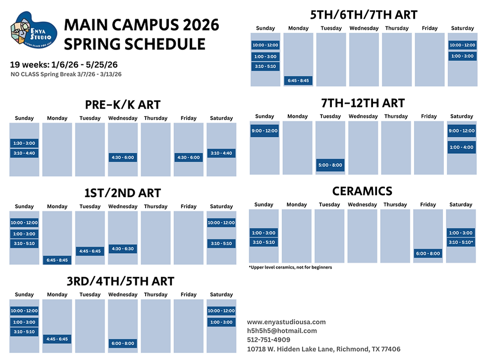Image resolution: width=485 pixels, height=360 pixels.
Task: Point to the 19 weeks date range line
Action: point(63,65)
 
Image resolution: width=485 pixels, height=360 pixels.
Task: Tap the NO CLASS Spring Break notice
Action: point(66,74)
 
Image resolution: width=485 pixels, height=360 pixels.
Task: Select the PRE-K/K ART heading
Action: point(123,104)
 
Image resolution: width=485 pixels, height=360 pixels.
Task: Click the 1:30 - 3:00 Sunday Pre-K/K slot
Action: point(24,143)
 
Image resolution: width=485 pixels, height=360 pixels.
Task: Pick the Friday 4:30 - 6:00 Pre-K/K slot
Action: point(188,157)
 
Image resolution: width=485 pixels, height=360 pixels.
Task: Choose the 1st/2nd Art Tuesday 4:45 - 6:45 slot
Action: point(90,251)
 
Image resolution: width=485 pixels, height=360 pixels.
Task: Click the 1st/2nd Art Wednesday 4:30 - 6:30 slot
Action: point(122,248)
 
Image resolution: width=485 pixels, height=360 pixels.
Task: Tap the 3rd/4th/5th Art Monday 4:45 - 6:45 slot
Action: point(57,339)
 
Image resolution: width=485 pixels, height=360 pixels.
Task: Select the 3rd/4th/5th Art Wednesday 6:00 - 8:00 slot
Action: point(122,343)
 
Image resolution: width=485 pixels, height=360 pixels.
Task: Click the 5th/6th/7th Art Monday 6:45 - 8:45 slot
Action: point(299,80)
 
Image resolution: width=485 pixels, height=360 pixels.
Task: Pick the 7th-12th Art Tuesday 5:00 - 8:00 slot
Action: point(330,165)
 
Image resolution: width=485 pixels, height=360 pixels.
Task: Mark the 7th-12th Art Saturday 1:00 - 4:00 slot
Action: point(461,147)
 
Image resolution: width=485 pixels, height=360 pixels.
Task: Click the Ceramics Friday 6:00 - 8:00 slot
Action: point(428,253)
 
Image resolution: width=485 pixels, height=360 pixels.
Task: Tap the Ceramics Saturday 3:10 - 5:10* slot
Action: point(461,242)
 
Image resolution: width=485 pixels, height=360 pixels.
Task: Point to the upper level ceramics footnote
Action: point(290,267)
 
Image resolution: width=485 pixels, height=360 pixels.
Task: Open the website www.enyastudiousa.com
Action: point(286,322)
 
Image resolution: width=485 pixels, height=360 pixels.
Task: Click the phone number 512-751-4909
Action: point(269,340)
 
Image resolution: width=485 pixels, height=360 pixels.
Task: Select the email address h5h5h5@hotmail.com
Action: point(282,331)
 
